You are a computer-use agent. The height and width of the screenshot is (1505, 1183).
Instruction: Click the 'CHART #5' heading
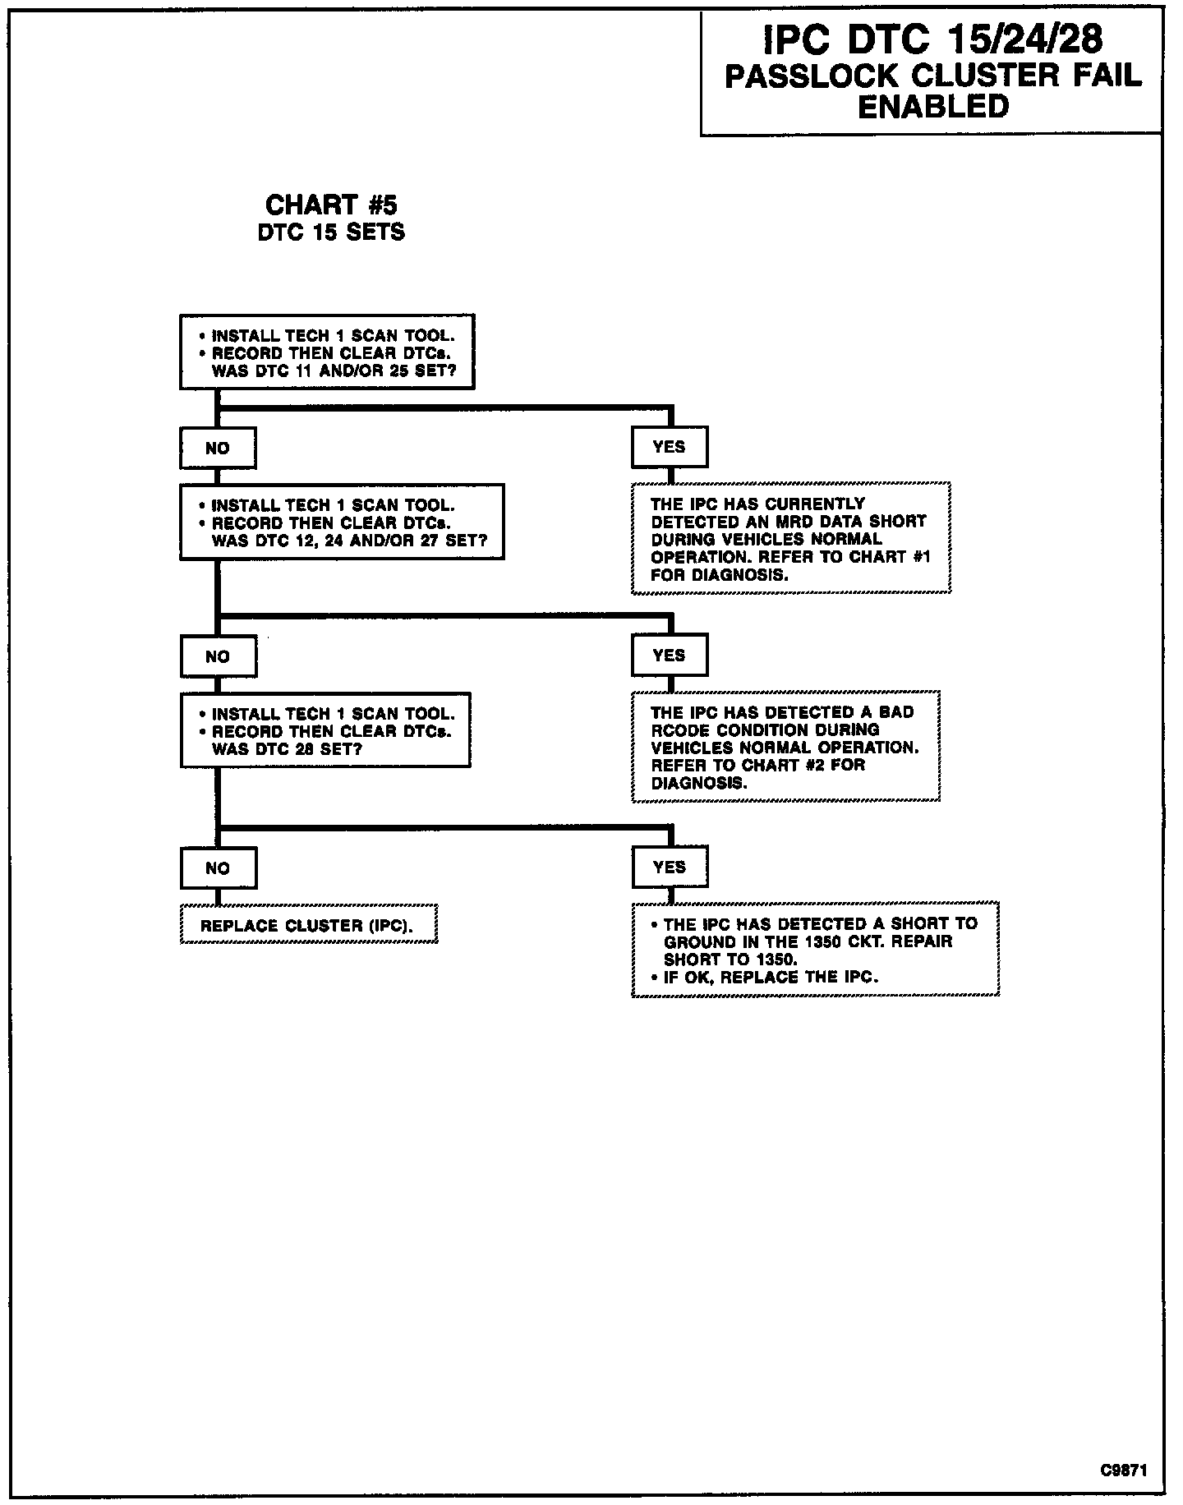[331, 205]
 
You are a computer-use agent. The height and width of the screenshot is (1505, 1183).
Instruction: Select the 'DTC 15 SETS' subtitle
[331, 232]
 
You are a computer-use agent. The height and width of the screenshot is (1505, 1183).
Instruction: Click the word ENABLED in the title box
[932, 107]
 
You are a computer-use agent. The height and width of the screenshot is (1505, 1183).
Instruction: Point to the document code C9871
[1124, 1470]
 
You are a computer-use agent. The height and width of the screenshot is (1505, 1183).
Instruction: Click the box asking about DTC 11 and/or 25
[327, 352]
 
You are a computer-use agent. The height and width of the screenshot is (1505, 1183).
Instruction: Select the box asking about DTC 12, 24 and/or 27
[342, 522]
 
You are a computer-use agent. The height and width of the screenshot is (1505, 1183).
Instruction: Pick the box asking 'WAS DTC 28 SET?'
[325, 731]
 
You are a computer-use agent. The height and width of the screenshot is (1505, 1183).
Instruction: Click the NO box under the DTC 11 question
[218, 449]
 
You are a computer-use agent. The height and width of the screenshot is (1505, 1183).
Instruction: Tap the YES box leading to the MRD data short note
[670, 447]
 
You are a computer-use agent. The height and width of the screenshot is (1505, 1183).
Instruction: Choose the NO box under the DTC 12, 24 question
[218, 656]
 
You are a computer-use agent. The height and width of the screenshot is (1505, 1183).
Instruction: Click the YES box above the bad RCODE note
[670, 655]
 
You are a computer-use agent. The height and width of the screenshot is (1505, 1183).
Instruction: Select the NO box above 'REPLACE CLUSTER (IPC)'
[218, 868]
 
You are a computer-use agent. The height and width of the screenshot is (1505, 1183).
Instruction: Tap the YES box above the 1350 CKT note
[670, 867]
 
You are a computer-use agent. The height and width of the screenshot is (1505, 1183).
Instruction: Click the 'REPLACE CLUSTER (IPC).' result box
[308, 926]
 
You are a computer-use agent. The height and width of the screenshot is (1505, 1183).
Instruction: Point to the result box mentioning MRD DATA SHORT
[790, 539]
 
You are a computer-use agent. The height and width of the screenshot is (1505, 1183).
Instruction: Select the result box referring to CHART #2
[785, 747]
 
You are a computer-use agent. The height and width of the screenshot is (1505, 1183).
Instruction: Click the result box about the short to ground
[815, 950]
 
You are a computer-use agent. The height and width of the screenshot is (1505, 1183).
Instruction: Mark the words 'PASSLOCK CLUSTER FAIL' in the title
[932, 76]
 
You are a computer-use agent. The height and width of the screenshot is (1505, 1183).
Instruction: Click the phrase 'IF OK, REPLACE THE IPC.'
[771, 978]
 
